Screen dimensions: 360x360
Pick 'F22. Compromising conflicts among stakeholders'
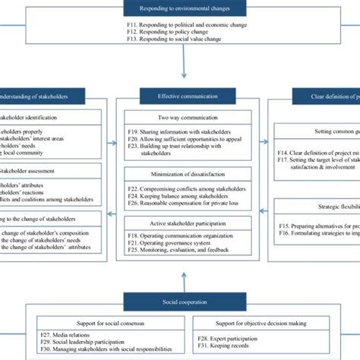(185, 188)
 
